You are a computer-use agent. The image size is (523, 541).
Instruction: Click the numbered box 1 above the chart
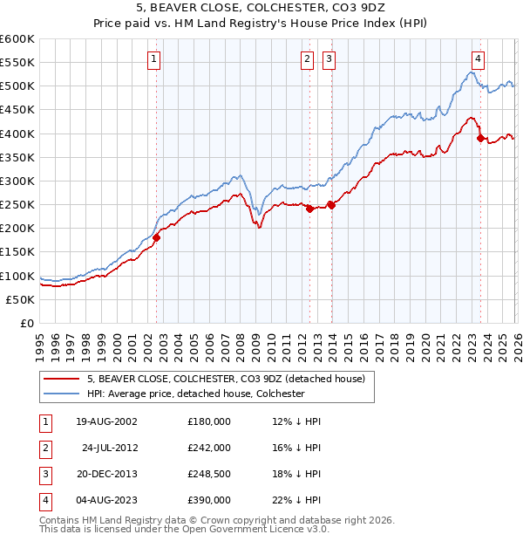tap(153, 59)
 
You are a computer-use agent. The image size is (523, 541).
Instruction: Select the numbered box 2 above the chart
tap(308, 59)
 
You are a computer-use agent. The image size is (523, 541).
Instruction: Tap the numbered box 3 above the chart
tap(329, 59)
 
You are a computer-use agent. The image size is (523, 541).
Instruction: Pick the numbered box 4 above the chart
tap(479, 59)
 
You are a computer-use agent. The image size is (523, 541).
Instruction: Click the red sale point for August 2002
tap(157, 236)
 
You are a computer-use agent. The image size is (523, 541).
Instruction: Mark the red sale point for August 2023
tap(480, 138)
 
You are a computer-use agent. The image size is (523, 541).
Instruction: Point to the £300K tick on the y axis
tap(17, 181)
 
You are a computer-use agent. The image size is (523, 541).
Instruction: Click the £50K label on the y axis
tap(20, 299)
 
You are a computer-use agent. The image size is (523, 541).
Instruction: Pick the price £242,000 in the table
tap(208, 448)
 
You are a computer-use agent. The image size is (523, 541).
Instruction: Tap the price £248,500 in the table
tap(208, 474)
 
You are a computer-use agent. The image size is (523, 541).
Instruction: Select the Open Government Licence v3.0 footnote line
tap(185, 529)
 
